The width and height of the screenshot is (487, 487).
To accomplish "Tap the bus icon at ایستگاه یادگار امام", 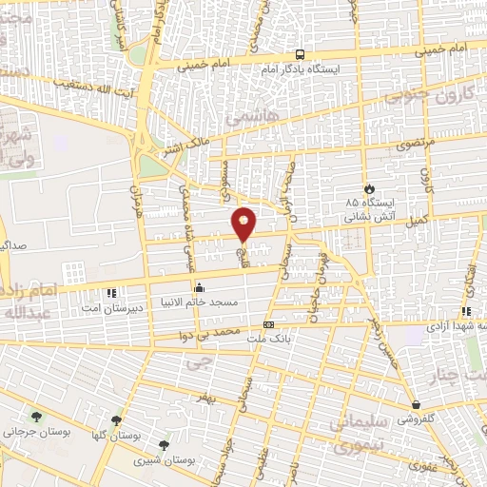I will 301,54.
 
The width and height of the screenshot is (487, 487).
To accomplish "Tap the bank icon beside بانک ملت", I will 269,324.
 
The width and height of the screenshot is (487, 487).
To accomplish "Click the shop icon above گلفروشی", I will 416,405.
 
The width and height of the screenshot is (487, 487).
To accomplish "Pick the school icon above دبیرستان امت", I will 112,292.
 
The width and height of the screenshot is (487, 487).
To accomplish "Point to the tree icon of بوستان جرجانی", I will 36,417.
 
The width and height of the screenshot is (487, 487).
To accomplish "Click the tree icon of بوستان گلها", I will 117,419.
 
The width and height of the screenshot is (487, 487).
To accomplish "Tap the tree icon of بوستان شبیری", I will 164,444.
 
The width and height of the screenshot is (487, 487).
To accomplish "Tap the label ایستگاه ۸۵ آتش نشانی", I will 365,210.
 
